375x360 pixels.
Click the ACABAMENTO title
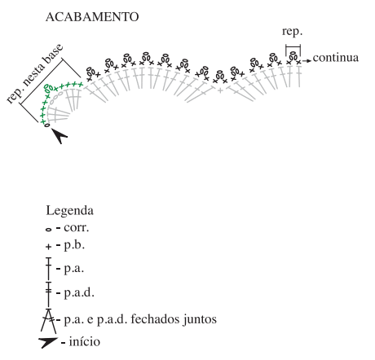point(92,17)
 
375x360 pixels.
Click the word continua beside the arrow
point(336,58)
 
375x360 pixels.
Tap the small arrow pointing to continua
point(307,61)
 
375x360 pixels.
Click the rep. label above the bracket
point(292,32)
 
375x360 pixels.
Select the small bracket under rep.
point(293,46)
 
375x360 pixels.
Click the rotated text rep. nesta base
point(35,74)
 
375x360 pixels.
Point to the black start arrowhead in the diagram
point(60,135)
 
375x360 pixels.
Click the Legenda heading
point(69,211)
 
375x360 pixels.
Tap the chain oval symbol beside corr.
point(48,230)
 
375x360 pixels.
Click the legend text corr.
point(77,228)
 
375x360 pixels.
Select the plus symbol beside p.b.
point(48,247)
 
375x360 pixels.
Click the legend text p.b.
point(74,245)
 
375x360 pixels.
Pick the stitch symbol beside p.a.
point(48,269)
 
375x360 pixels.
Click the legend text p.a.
point(74,269)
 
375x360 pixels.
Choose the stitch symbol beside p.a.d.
point(48,295)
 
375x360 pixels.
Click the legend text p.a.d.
point(79,292)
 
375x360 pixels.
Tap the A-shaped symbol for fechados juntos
point(48,321)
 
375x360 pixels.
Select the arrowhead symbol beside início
point(48,343)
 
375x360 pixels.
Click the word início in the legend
point(85,341)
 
